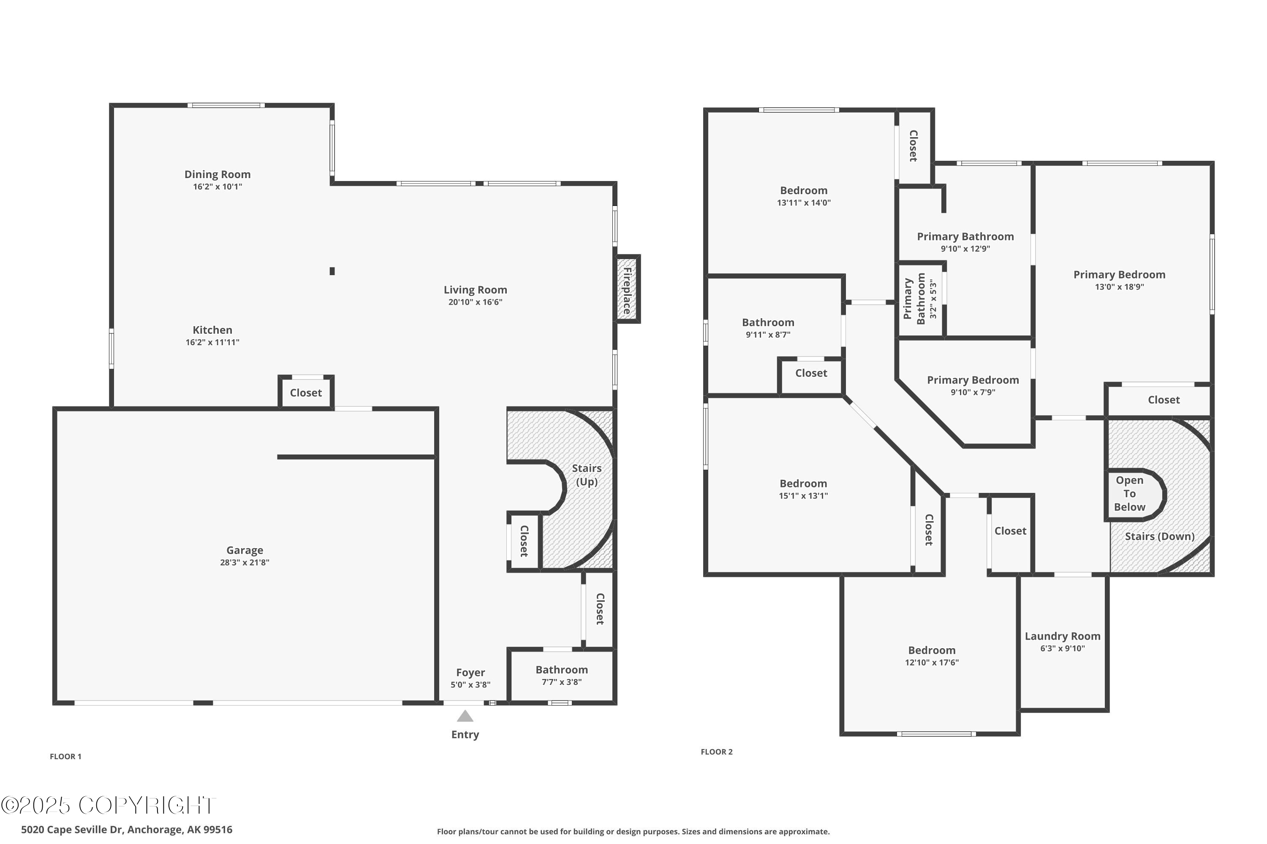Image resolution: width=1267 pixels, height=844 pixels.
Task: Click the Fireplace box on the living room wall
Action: [x=628, y=289]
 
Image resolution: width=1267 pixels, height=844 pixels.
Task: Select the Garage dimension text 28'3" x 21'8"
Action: [x=245, y=563]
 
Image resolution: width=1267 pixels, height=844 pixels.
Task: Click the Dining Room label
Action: [x=218, y=174]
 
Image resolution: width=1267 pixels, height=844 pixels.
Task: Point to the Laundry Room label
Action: [x=1062, y=636]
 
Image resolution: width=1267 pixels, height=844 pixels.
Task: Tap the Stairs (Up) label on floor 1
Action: [x=587, y=475]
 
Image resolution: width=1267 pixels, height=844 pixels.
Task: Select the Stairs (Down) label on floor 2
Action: [x=1160, y=537]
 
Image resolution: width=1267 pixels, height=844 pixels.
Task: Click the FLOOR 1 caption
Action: [x=66, y=756]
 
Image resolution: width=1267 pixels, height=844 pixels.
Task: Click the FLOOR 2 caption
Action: [x=716, y=752]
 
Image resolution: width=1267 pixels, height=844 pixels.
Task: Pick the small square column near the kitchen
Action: [x=332, y=271]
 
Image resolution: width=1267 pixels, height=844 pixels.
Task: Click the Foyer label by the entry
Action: [x=470, y=672]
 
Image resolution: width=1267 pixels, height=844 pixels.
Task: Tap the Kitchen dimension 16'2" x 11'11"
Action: [x=212, y=342]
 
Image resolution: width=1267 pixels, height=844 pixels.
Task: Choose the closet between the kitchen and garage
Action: [x=306, y=392]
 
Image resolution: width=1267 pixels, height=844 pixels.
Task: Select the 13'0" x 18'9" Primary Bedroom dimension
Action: [x=1120, y=287]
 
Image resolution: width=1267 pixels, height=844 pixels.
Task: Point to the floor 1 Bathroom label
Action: [x=561, y=670]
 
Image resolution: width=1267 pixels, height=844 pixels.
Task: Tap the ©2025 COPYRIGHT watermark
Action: [x=108, y=805]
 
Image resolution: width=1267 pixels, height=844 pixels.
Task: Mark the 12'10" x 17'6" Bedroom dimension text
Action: [x=932, y=663]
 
